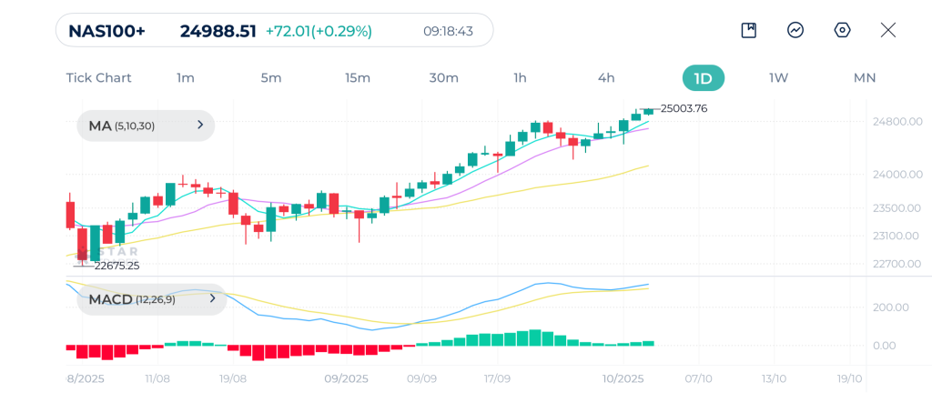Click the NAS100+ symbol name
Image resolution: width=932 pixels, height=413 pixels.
coord(106,31)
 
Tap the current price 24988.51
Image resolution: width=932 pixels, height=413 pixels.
coord(218,31)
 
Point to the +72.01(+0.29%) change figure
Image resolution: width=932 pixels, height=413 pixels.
coord(319,31)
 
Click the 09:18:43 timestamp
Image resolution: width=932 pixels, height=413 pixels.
coord(448,31)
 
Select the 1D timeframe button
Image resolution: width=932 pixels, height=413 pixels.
coord(703,78)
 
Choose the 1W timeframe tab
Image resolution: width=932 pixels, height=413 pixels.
coord(778,78)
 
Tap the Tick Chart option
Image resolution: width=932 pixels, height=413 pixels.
coord(98,78)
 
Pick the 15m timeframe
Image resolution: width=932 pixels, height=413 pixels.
coord(358,78)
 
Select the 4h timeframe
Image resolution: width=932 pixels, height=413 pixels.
coord(606,78)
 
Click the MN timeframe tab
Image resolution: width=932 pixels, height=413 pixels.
coord(864,78)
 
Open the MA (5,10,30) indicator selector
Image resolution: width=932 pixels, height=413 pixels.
coord(146,126)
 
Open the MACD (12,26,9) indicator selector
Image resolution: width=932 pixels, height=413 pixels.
coord(151,298)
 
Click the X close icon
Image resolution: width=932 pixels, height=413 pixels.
coord(888,30)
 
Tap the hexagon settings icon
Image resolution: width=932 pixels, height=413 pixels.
coord(842,30)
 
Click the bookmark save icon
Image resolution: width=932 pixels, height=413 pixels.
coord(749,30)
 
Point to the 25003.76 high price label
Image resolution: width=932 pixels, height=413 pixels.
coord(684,108)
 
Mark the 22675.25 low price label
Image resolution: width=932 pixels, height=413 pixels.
coord(116,266)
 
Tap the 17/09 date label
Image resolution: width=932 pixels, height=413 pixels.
coord(496,378)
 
